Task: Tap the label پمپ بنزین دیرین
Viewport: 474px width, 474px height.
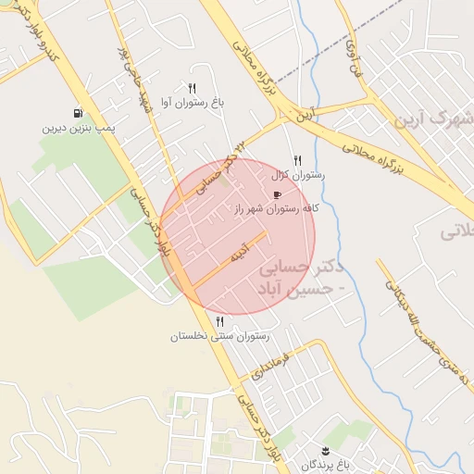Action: coord(76,128)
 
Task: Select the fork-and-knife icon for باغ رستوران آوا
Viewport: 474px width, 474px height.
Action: coord(192,87)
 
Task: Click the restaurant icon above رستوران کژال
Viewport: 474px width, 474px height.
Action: coord(297,159)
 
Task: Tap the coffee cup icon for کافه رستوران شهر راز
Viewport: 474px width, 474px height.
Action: coord(277,195)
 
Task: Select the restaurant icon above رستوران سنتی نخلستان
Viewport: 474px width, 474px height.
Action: coord(219,321)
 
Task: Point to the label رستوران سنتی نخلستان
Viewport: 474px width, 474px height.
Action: coord(219,336)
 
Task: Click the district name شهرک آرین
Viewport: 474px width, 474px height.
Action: coord(433,120)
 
